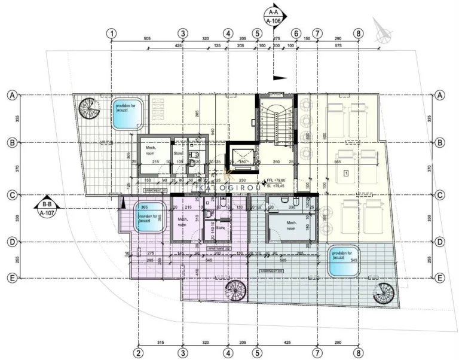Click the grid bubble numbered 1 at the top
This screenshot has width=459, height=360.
pos(112,33)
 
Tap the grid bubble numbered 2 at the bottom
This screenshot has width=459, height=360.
pos(138,352)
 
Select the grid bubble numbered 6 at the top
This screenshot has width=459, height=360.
pos(296,33)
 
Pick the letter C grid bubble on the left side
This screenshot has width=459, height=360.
pos(11,194)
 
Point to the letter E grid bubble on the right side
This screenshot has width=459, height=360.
pos(440,278)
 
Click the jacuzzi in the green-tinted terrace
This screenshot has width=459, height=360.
pos(344,261)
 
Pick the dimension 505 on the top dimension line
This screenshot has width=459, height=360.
pos(147,38)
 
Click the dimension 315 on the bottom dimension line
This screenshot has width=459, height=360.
pos(160,343)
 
